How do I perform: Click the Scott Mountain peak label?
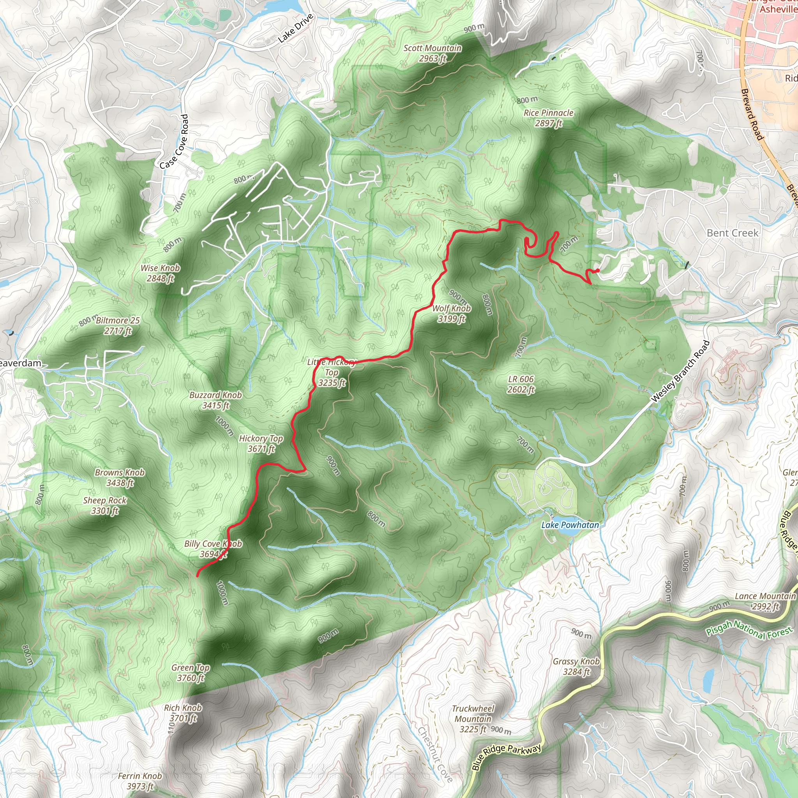click(x=433, y=53)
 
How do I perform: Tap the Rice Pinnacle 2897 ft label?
click(x=549, y=118)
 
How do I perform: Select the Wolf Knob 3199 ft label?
click(x=452, y=314)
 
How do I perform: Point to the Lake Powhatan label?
click(x=570, y=525)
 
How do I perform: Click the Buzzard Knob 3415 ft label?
click(x=215, y=400)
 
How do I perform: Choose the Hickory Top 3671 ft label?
click(x=261, y=443)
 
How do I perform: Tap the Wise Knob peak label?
click(x=160, y=273)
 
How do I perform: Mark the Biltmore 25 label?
click(x=118, y=325)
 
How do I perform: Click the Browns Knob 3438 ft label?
click(x=120, y=477)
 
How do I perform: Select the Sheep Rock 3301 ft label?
click(x=105, y=505)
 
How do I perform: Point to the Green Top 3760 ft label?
click(x=191, y=673)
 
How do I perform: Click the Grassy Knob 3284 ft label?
click(x=576, y=667)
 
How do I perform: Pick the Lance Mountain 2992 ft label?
click(x=765, y=601)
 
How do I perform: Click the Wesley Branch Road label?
click(x=680, y=371)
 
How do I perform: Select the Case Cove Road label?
click(x=174, y=142)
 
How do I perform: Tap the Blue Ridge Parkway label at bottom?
click(x=506, y=757)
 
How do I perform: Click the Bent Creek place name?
click(x=732, y=233)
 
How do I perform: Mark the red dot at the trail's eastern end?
click(x=597, y=270)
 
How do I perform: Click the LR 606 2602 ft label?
click(x=521, y=384)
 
